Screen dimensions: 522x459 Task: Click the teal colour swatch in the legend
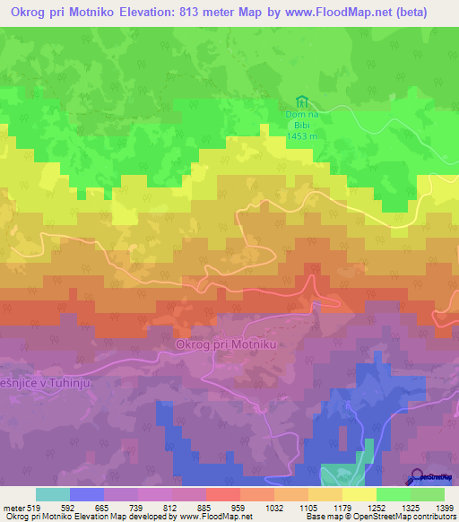click(53, 494)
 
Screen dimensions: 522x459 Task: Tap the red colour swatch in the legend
click(223, 494)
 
